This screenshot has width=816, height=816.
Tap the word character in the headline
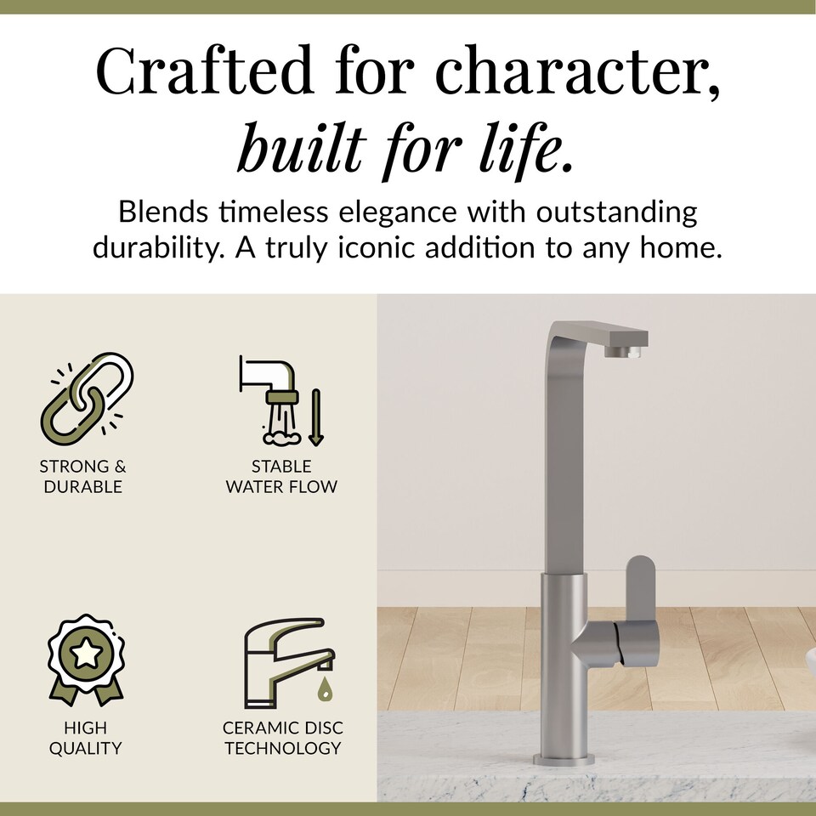pos(579,72)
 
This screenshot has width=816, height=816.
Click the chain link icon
pos(88,394)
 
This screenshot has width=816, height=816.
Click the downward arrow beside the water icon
pos(316,416)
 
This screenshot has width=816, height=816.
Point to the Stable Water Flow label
pos(281,476)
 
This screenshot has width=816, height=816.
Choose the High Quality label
pos(85,738)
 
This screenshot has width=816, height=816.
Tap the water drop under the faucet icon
pos(324,689)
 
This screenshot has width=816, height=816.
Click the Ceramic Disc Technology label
pos(283,738)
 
